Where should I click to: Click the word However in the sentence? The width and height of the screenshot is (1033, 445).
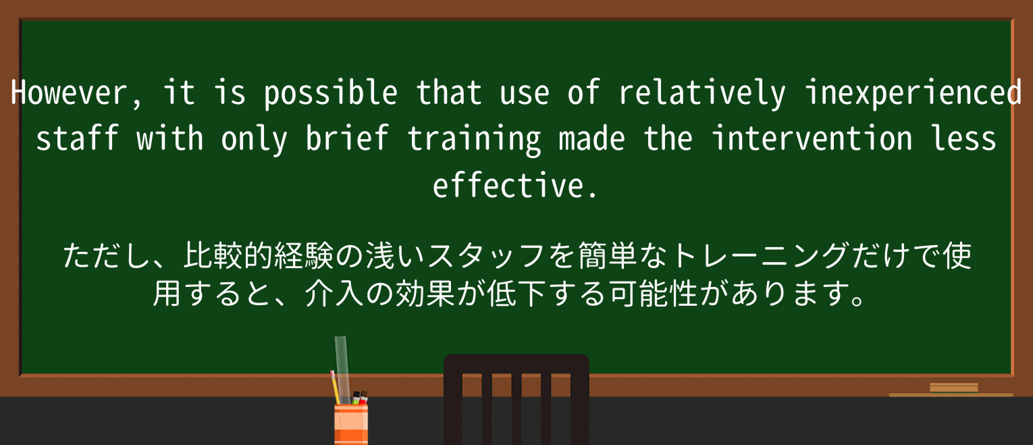(x=68, y=93)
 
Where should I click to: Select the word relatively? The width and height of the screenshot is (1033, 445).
(x=702, y=93)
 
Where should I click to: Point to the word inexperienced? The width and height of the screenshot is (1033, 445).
(x=913, y=93)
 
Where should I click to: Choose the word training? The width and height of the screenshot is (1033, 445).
(x=474, y=139)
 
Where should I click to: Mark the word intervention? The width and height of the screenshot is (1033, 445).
(x=812, y=139)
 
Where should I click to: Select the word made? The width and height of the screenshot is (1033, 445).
(x=592, y=139)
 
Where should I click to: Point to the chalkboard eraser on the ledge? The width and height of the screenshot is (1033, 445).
(x=953, y=388)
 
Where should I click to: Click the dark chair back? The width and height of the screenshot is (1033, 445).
(x=516, y=398)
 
